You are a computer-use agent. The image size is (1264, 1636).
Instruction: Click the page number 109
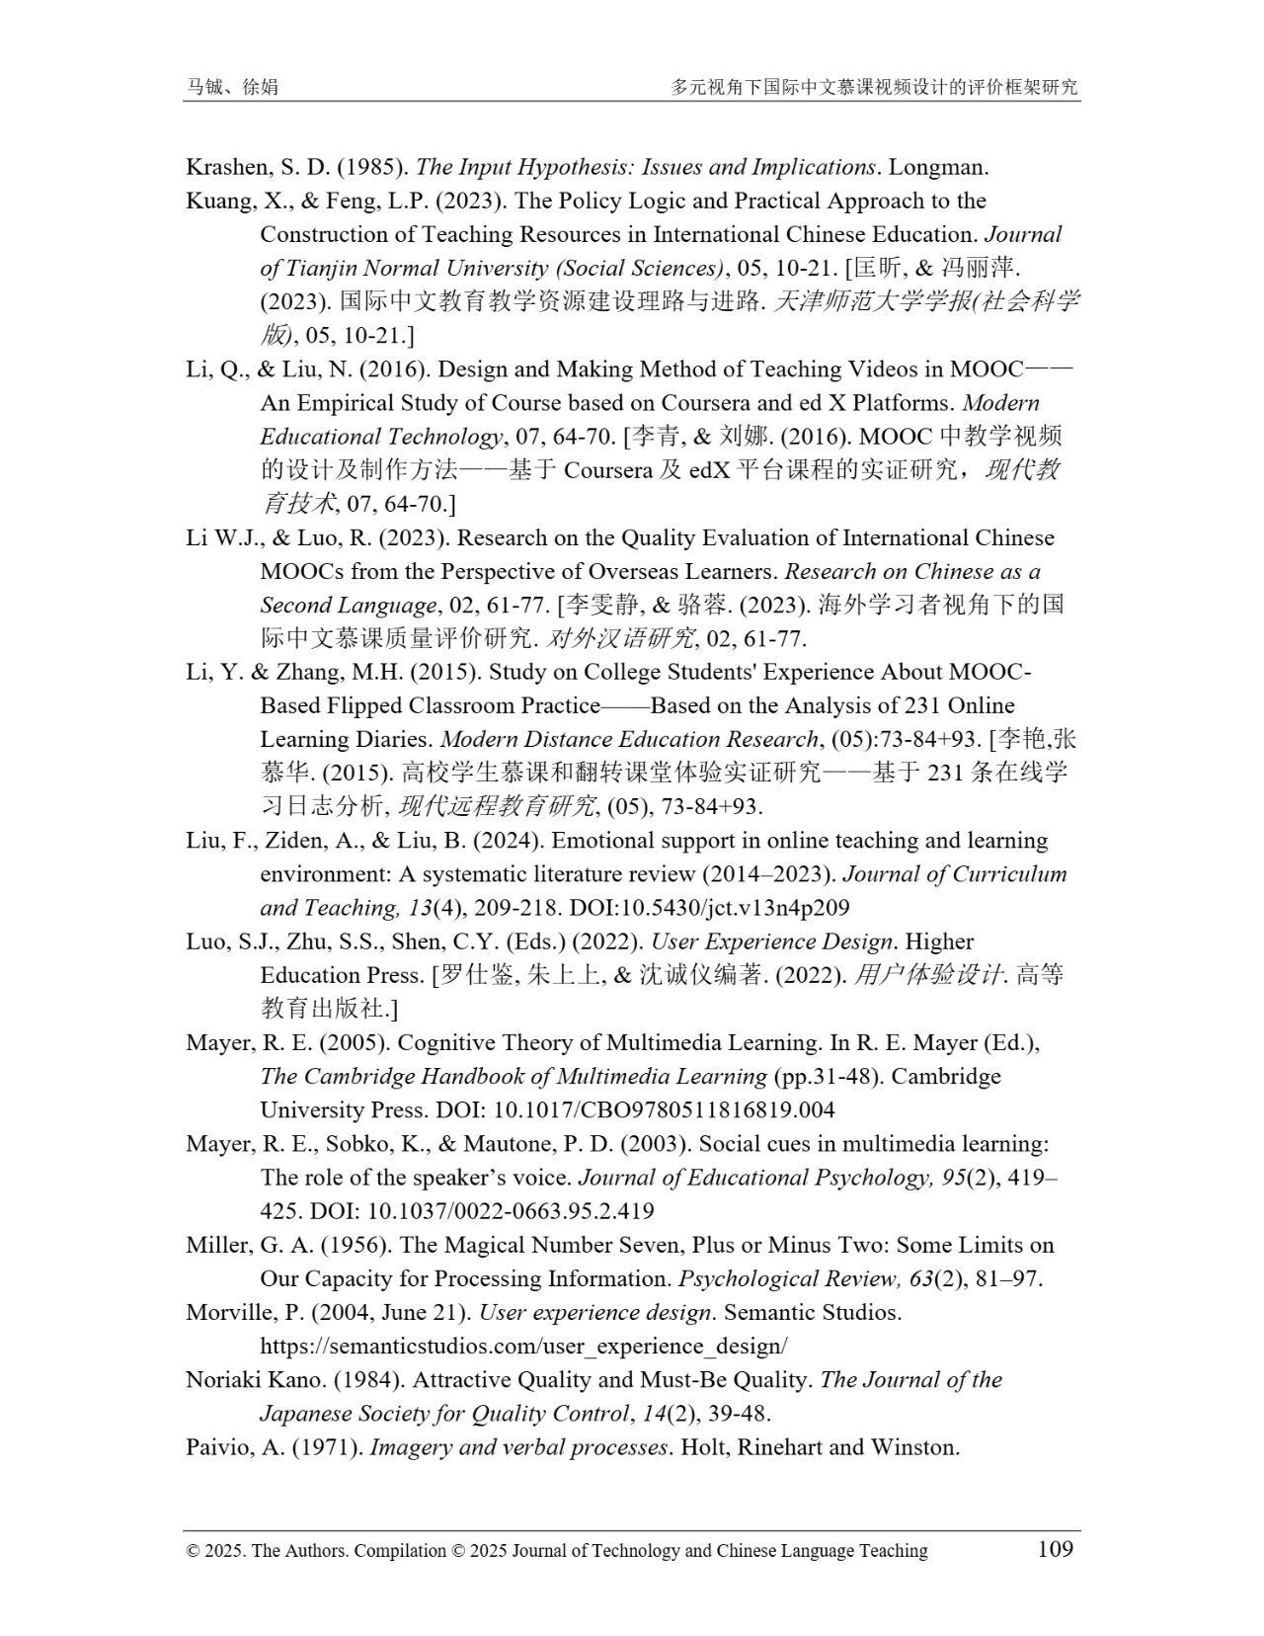point(1055,1548)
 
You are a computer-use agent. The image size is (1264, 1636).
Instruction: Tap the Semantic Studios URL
point(523,1346)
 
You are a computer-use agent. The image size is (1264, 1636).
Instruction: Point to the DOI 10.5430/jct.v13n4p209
point(742,908)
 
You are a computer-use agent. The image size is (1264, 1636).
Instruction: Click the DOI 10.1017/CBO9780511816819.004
point(664,1109)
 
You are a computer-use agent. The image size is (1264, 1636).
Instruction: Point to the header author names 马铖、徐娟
point(232,87)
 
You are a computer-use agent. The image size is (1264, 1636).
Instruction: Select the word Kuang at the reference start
point(215,201)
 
